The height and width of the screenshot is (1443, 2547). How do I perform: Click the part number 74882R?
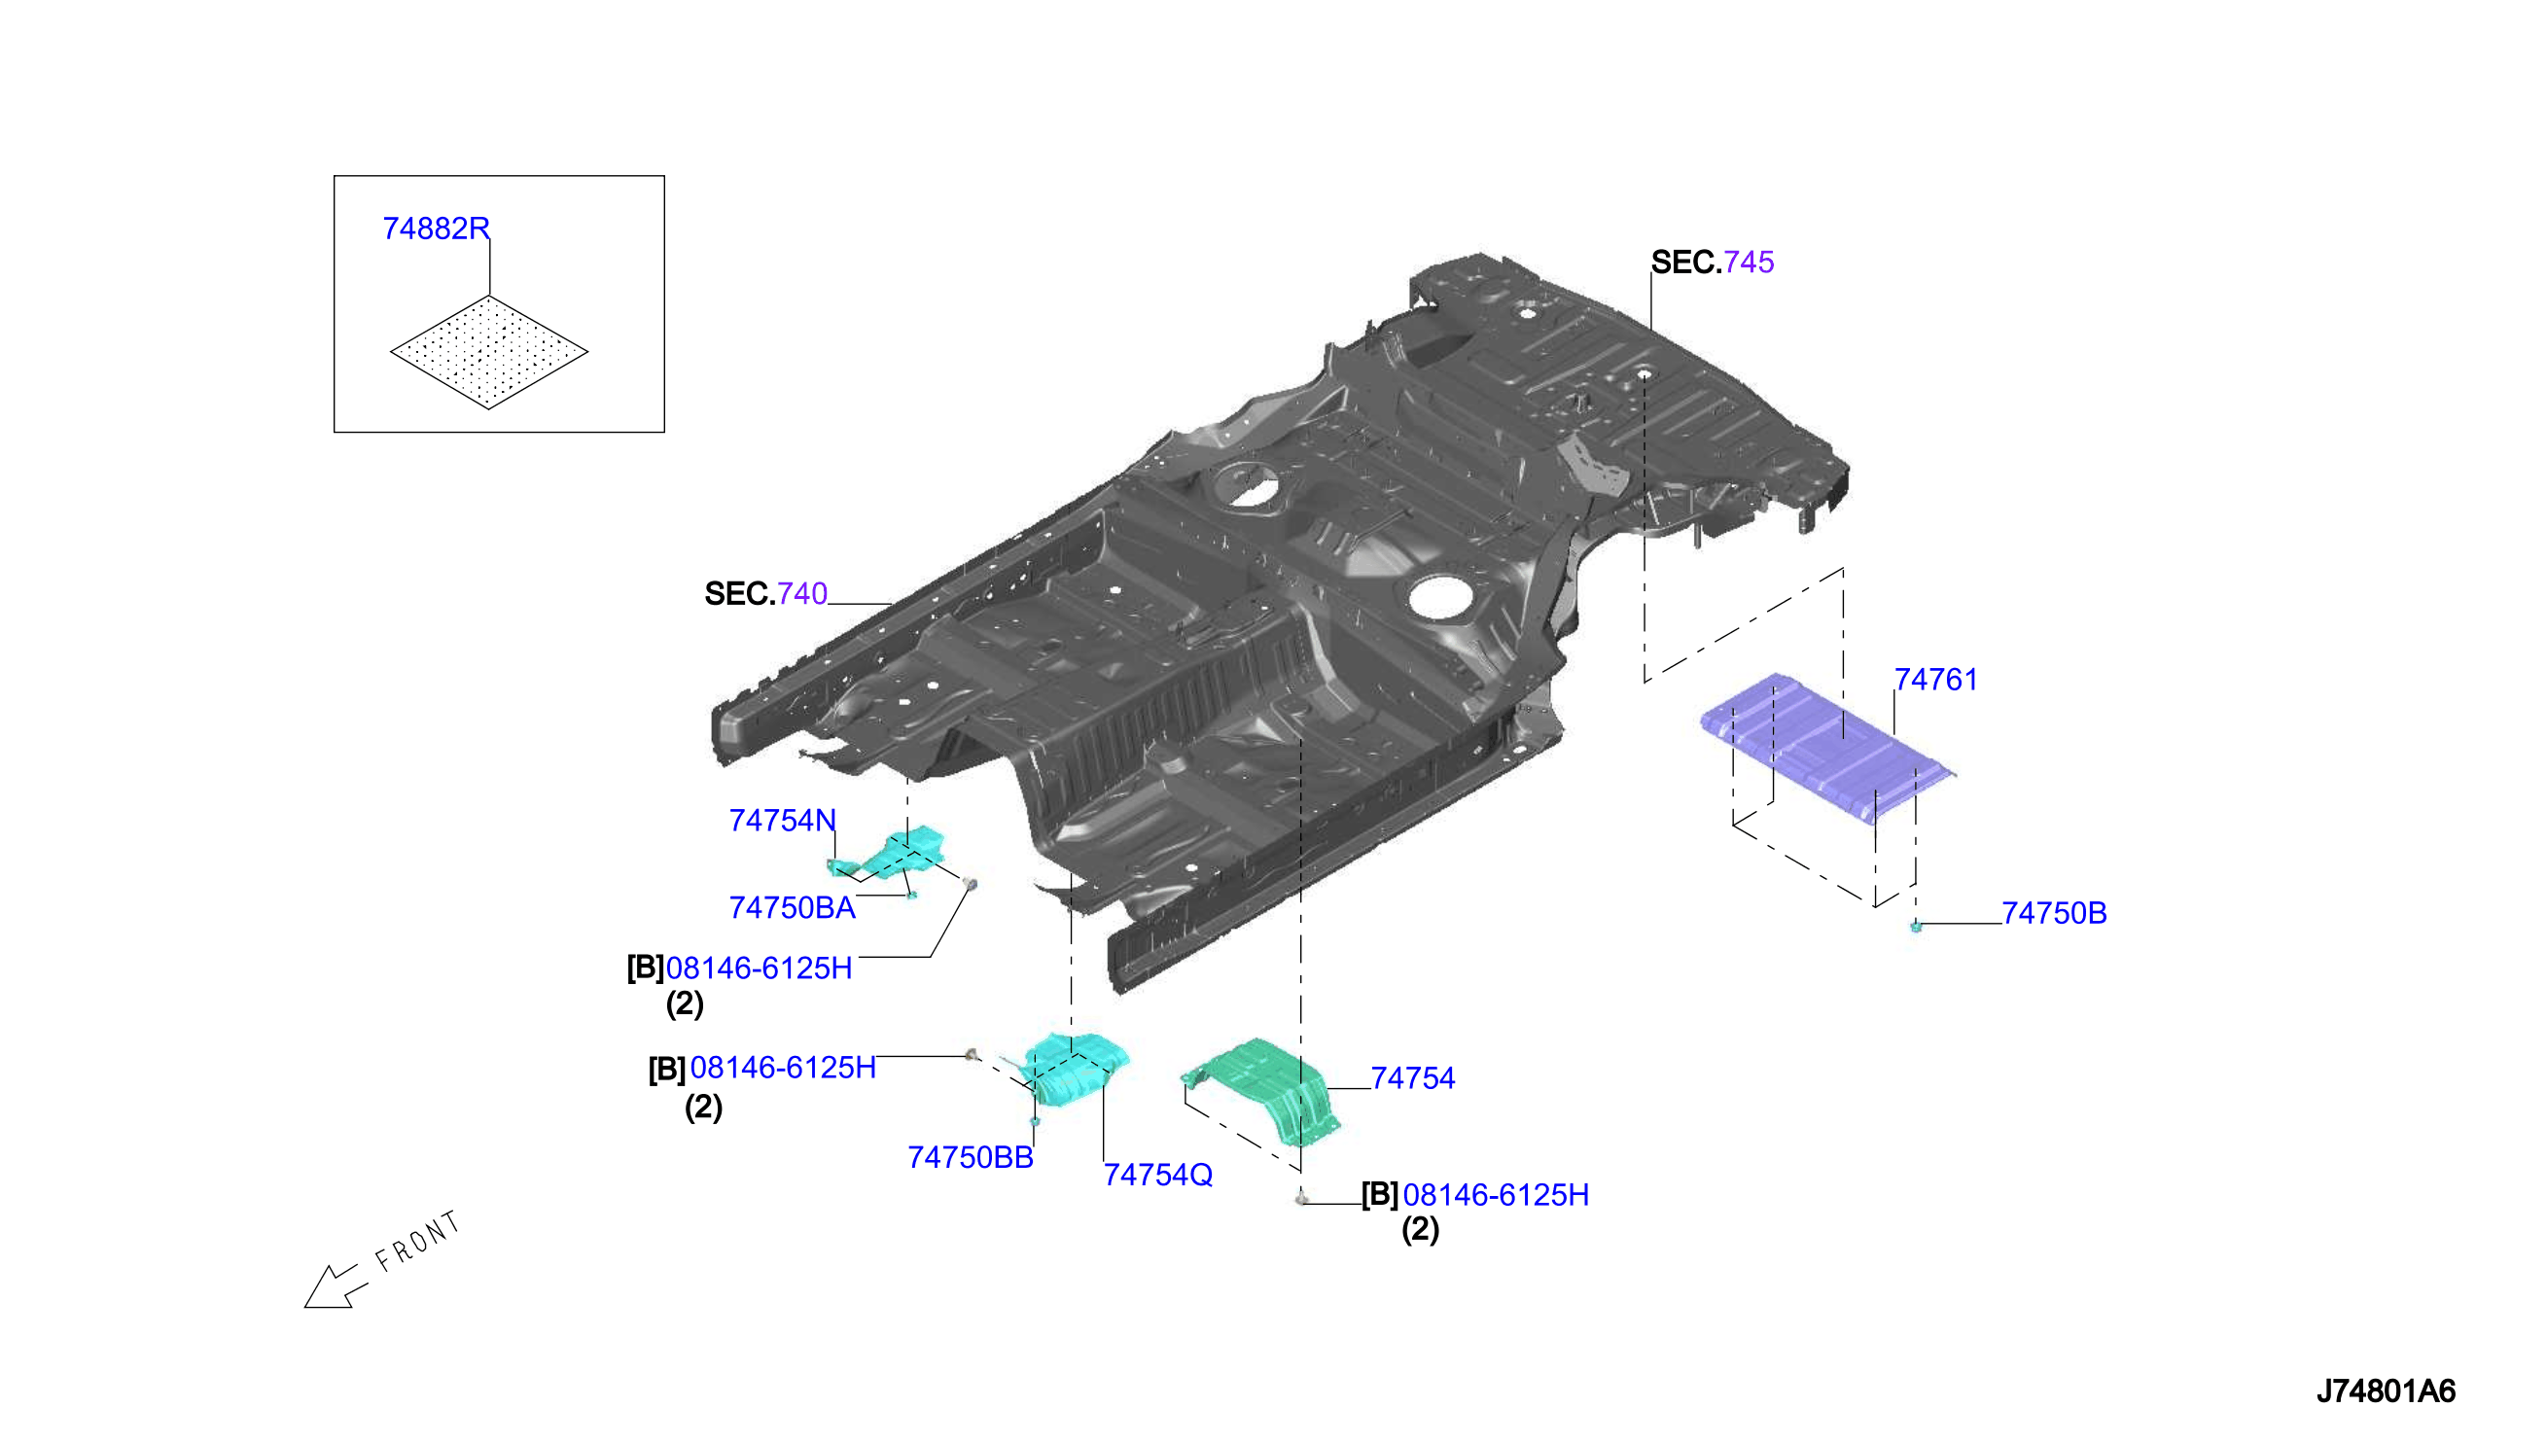(x=436, y=229)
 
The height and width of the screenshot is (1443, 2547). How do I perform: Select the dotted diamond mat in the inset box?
(x=488, y=352)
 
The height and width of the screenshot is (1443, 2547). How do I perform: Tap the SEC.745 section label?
(x=1712, y=263)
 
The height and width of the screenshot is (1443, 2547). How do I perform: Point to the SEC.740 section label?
(x=765, y=594)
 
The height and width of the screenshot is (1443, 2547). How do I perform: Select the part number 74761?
(x=1934, y=680)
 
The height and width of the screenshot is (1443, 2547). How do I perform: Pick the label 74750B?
(x=2054, y=913)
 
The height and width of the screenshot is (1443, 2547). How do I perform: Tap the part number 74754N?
(x=782, y=821)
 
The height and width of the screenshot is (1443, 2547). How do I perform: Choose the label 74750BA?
(x=792, y=908)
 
